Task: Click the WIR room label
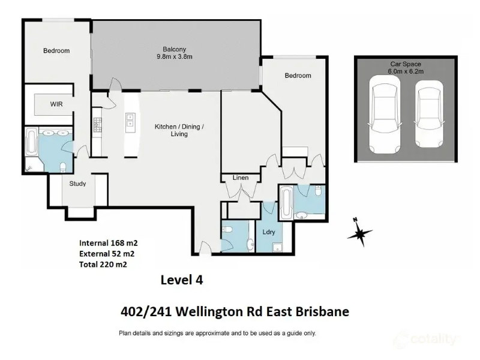56,104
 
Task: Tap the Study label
77,184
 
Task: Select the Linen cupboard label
241,178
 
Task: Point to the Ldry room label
269,232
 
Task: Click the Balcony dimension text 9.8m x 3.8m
175,56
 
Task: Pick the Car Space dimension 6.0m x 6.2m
406,71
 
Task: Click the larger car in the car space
385,115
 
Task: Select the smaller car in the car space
429,114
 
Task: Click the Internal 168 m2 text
109,243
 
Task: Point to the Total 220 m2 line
103,265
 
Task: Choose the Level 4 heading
182,280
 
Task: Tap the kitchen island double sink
130,120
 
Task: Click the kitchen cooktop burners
97,125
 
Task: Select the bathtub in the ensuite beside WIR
32,142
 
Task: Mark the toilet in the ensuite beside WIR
63,167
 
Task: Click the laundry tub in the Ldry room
278,247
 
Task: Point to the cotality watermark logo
427,339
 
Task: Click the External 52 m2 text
107,254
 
